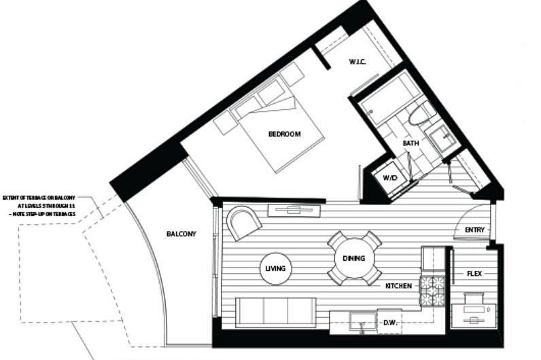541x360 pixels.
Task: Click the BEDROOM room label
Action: point(284,134)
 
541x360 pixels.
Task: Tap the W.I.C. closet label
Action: point(358,62)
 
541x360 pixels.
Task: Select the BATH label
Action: point(411,143)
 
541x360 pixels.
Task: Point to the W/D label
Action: point(389,178)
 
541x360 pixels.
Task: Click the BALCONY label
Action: point(181,234)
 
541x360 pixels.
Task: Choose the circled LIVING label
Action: point(275,268)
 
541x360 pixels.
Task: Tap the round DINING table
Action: point(353,258)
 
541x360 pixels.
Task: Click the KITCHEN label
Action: point(398,286)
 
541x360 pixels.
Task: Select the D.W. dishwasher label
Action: point(390,322)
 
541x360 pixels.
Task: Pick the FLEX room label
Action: point(474,274)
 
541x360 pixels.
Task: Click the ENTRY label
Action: point(474,230)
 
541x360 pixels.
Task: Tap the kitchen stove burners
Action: point(432,289)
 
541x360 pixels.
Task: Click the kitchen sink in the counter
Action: point(362,321)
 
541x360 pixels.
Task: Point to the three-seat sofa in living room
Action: point(275,312)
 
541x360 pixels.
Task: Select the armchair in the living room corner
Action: point(243,222)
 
